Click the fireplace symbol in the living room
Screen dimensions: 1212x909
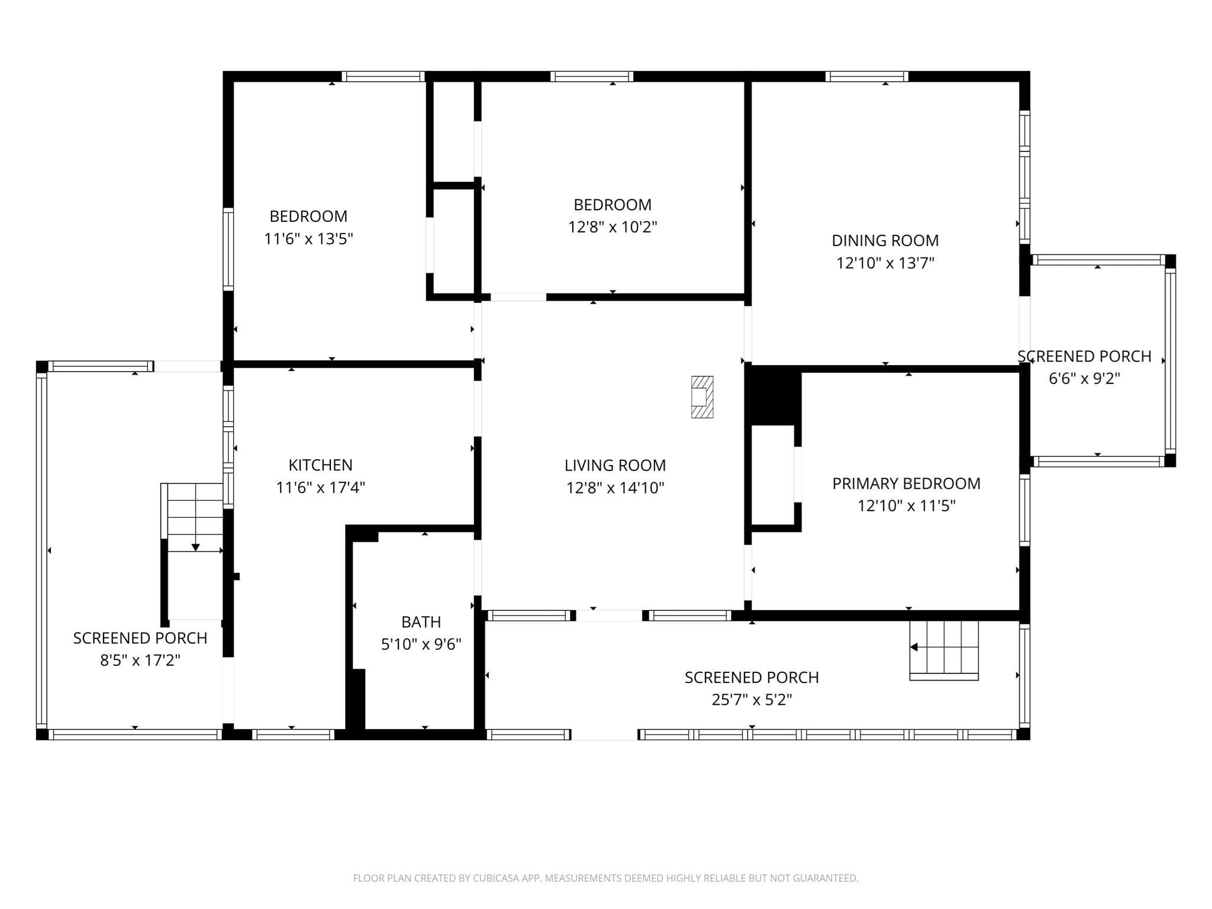coord(702,397)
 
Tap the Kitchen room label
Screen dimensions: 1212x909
coord(320,465)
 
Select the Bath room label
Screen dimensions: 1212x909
coord(421,622)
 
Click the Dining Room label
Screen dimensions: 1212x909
coord(885,241)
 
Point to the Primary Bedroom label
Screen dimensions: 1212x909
coord(907,483)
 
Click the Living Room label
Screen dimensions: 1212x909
coord(615,466)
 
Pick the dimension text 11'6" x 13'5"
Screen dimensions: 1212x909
coord(308,239)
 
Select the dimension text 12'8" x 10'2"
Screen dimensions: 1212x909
coord(613,227)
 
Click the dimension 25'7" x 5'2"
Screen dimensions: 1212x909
coord(752,700)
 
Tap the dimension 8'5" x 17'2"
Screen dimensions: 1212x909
coord(140,660)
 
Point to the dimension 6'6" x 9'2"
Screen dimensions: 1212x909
coord(1084,379)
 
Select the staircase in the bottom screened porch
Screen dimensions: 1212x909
coord(944,650)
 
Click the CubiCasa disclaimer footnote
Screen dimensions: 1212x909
coord(605,878)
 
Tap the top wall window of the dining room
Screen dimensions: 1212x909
coord(866,76)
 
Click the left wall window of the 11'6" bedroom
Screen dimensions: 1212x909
coord(228,249)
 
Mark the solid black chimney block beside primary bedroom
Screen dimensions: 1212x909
coord(773,395)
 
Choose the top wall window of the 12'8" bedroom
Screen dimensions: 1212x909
coord(592,76)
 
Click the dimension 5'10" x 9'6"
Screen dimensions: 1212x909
coord(421,644)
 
